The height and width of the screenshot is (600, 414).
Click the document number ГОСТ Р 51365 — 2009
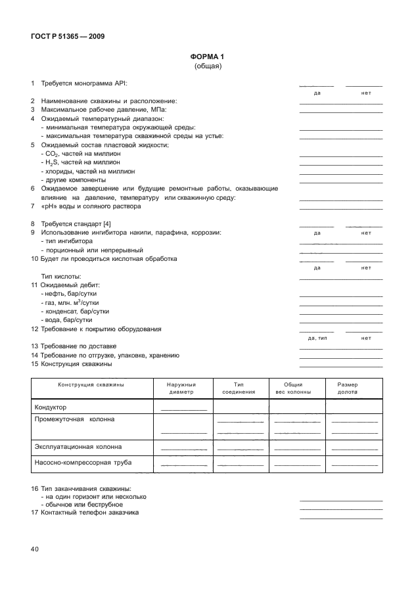pyautogui.click(x=67, y=36)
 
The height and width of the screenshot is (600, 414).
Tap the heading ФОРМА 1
pyautogui.click(x=208, y=57)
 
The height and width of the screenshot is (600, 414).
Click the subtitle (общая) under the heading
pyautogui.click(x=208, y=66)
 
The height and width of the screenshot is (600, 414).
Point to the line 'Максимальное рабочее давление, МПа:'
pyautogui.click(x=104, y=109)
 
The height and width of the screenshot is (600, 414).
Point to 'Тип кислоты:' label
pyautogui.click(x=61, y=277)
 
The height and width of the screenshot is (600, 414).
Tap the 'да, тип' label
pyautogui.click(x=317, y=338)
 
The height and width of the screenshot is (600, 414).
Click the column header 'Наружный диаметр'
pyautogui.click(x=181, y=388)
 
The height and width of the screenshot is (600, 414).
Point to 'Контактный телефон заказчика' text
pyautogui.click(x=89, y=513)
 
